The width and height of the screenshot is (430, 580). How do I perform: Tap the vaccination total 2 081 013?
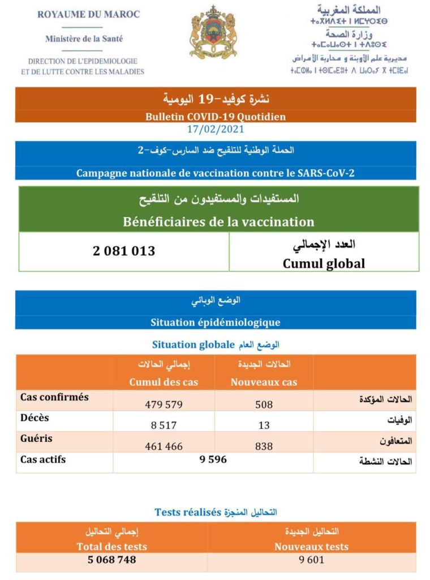click(x=124, y=250)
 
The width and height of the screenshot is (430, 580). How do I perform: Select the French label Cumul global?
click(x=324, y=263)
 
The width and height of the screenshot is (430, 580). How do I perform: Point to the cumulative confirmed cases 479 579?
click(x=164, y=404)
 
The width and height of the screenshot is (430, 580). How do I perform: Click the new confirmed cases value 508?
click(x=264, y=404)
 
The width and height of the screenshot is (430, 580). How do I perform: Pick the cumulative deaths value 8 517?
click(x=164, y=425)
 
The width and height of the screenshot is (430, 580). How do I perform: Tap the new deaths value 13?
click(x=264, y=425)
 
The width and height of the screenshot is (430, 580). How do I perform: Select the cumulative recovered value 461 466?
click(x=164, y=446)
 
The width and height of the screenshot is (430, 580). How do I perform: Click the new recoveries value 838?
click(x=264, y=446)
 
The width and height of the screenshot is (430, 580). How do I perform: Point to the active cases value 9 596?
click(x=213, y=460)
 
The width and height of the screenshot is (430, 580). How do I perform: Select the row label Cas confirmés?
click(x=54, y=397)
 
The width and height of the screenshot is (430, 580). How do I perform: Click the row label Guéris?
click(x=36, y=438)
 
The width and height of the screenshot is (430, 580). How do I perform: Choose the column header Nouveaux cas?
click(x=264, y=382)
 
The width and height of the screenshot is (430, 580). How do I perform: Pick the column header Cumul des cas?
click(x=164, y=382)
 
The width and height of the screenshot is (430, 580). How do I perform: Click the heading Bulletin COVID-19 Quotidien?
click(x=215, y=117)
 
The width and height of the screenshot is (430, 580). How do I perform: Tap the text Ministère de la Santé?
click(x=84, y=39)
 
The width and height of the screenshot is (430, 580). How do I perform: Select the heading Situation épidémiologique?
click(x=215, y=322)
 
